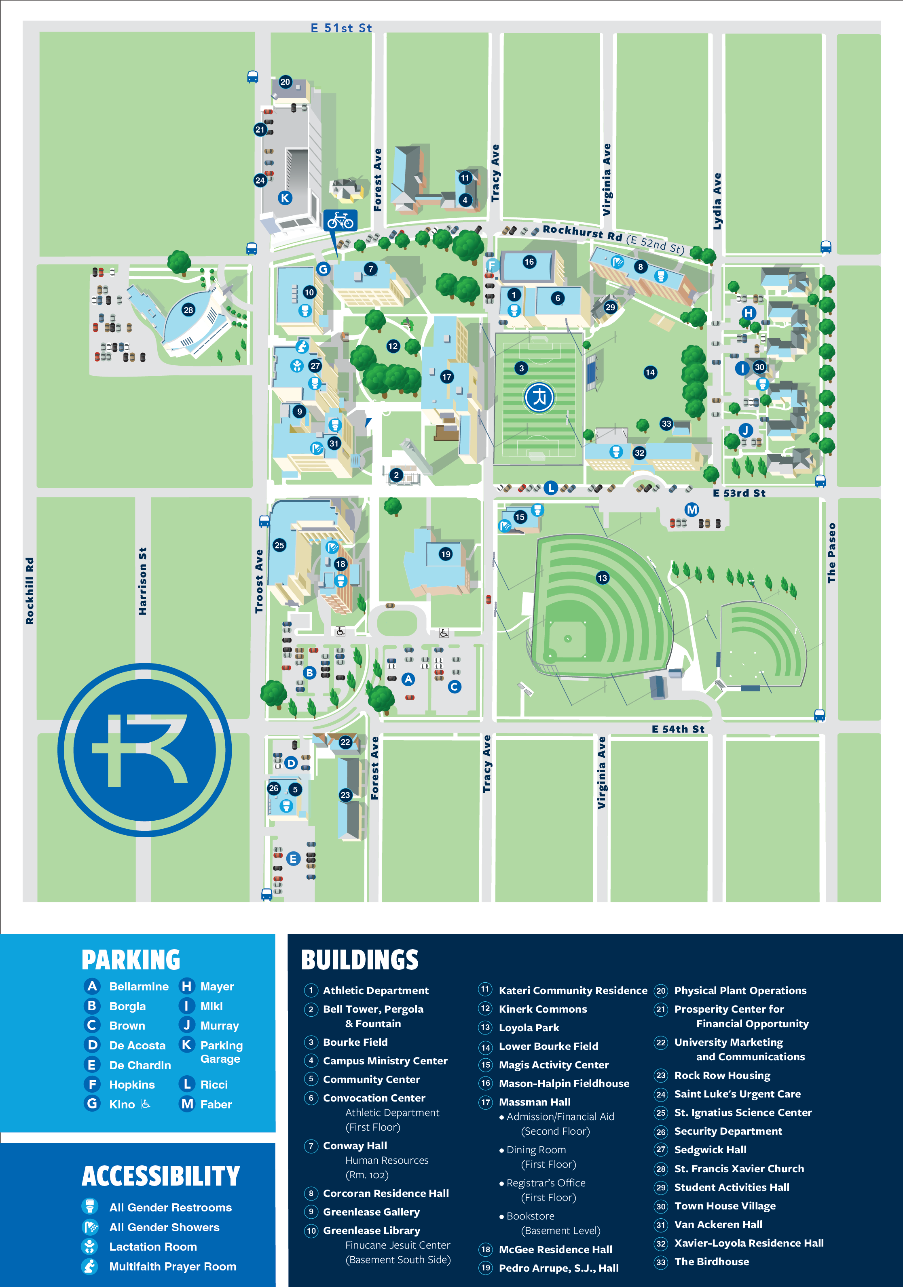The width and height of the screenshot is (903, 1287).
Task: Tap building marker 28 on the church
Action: point(188,310)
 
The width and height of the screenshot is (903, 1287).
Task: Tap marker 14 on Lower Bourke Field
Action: point(650,372)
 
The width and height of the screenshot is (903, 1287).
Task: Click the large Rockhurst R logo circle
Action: point(145,750)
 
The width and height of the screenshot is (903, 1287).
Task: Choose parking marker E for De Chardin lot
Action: point(293,858)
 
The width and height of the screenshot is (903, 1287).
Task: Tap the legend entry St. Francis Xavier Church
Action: point(739,1169)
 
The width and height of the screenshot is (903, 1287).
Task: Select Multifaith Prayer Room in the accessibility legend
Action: point(172,1266)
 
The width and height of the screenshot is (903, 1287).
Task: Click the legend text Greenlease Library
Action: point(371,1230)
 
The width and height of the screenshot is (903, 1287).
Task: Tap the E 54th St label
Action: point(677,729)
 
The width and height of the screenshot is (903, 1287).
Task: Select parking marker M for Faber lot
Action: point(692,510)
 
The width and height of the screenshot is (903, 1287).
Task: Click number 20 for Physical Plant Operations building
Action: point(285,82)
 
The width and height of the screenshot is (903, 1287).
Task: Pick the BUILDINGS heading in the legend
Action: point(360,960)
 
